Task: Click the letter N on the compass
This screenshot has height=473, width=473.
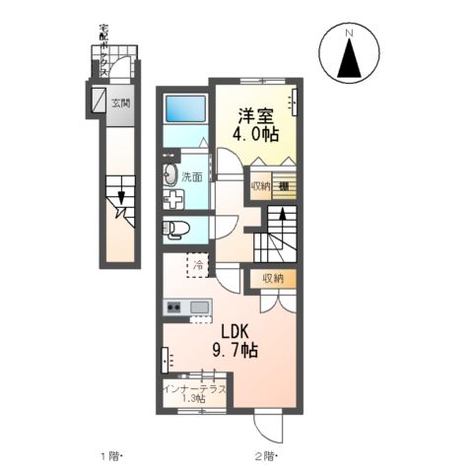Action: [348, 36]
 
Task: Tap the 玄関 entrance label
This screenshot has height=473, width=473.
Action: [120, 101]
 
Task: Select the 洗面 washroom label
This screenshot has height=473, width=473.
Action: [191, 177]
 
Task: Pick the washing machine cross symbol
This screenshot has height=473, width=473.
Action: [172, 200]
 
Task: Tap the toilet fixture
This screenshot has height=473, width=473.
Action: [175, 230]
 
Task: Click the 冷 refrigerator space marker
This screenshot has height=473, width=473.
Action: [197, 264]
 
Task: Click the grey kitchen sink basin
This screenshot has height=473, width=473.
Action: [200, 308]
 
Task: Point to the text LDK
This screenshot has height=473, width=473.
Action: [236, 331]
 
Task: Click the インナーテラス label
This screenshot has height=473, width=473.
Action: [195, 388]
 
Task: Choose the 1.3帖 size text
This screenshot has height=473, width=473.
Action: [193, 399]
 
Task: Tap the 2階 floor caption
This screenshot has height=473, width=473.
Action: [264, 454]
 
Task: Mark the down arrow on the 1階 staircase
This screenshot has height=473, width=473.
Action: [121, 197]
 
